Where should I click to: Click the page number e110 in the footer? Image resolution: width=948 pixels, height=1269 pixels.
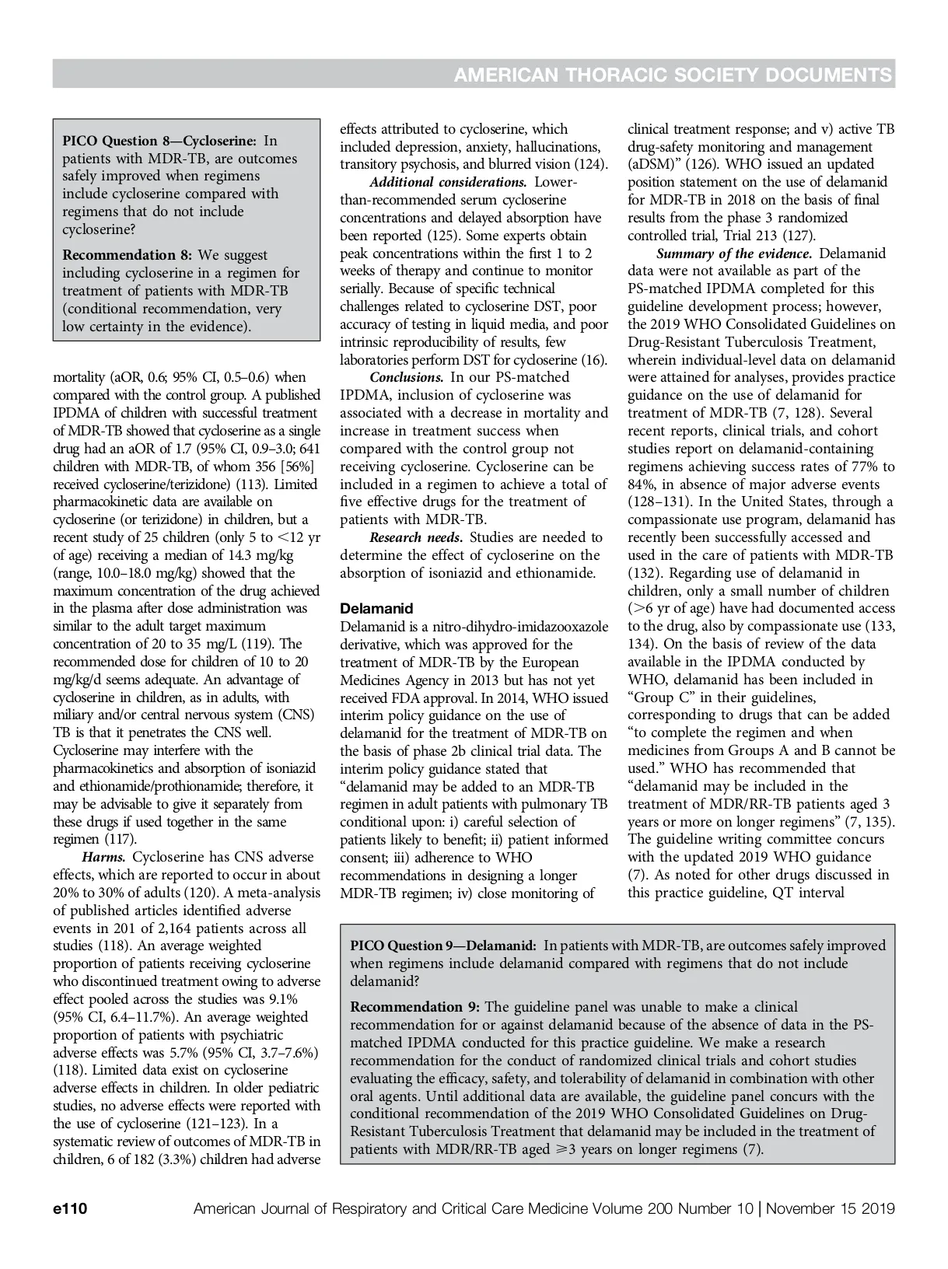coord(69,1209)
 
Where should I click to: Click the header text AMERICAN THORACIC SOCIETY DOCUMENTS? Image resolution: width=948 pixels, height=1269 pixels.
coord(673,75)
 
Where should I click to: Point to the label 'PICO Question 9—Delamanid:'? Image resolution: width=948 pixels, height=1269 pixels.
coord(443,946)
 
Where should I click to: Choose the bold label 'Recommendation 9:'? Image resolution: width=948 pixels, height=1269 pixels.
coord(415,1007)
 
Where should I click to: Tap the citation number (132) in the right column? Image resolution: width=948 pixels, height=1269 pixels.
coord(643,573)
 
